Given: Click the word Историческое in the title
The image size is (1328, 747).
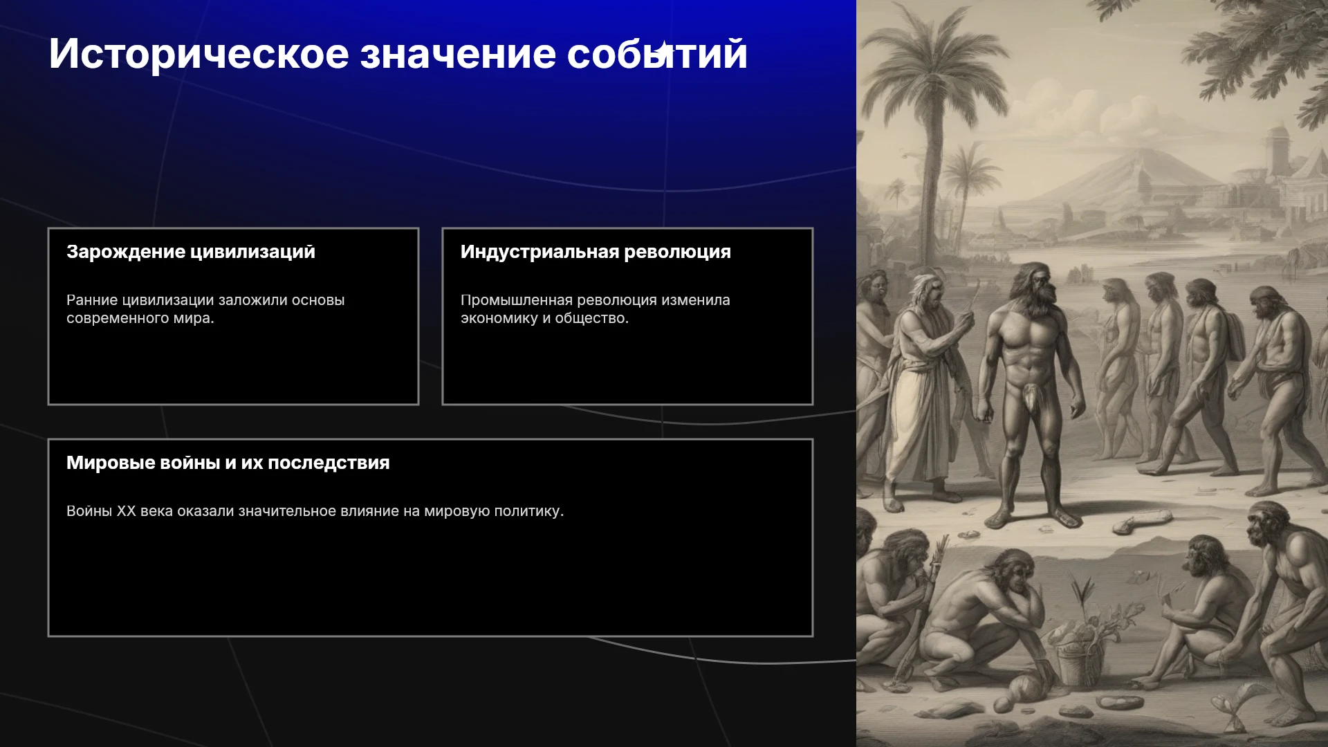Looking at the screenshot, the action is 199,54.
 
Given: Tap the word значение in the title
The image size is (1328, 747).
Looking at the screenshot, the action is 458,54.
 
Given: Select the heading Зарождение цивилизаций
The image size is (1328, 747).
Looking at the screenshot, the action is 191,252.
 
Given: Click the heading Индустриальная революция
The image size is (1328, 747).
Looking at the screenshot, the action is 596,252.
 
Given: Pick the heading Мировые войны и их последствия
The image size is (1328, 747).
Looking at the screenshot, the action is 228,463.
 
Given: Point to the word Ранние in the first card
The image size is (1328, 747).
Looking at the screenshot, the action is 91,300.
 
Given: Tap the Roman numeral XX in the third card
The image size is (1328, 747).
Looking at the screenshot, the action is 126,511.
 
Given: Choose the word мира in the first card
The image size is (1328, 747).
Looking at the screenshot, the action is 198,318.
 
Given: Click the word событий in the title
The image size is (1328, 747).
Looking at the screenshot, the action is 657,54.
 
